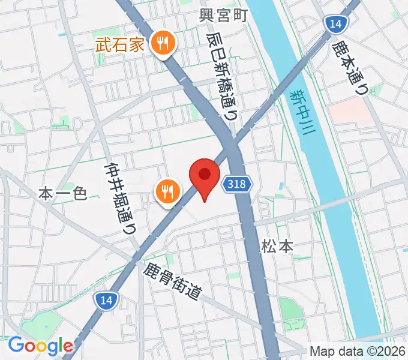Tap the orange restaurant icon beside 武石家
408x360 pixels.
(x=162, y=43)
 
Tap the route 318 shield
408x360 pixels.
(x=237, y=184)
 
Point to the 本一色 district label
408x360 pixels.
(x=63, y=193)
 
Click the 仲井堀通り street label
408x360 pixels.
(x=119, y=199)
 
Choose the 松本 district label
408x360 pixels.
(x=277, y=245)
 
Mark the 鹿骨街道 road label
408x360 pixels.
(x=172, y=281)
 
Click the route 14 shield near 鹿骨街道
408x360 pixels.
(x=103, y=298)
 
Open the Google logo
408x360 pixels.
(x=40, y=346)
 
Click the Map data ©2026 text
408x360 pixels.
(x=358, y=351)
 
